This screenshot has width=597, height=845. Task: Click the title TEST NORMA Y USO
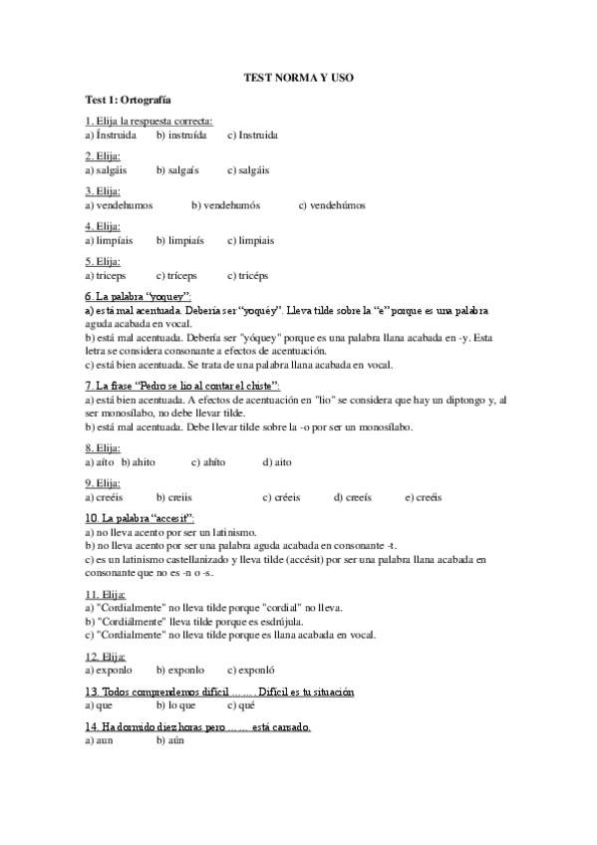[298, 77]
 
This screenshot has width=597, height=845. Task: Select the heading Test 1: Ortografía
[128, 100]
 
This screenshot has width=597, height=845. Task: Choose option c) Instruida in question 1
[252, 135]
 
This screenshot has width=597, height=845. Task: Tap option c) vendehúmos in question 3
[332, 205]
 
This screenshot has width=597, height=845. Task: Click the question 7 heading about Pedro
[183, 384]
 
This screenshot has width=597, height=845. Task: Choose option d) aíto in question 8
[277, 462]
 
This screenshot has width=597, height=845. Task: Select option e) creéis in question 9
[424, 497]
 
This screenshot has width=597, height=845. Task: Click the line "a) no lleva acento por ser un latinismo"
[170, 533]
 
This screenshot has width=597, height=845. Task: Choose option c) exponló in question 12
[251, 670]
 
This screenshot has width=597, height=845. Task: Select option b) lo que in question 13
[178, 704]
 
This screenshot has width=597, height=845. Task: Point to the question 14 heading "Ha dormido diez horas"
[198, 726]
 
